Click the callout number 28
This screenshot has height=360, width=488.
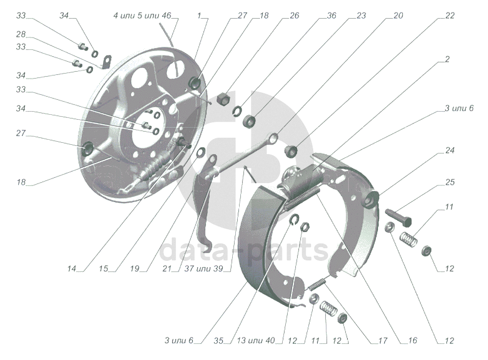[21, 34]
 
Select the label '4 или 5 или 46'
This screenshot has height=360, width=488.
[142, 16]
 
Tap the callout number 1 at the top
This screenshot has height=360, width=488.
[199, 16]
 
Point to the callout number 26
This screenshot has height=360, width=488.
[294, 16]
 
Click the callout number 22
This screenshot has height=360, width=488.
[449, 16]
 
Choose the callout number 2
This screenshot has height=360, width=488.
[447, 59]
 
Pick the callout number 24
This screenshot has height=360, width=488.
[449, 151]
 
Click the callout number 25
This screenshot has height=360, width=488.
[449, 182]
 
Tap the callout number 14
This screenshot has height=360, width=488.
[71, 268]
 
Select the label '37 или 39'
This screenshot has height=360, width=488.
[204, 268]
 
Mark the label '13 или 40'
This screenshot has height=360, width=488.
[256, 340]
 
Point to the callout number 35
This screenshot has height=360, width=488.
[219, 340]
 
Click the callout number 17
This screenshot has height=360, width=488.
[383, 340]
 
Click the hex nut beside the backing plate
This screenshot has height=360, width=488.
[223, 98]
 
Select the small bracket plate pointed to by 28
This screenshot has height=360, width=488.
[107, 62]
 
